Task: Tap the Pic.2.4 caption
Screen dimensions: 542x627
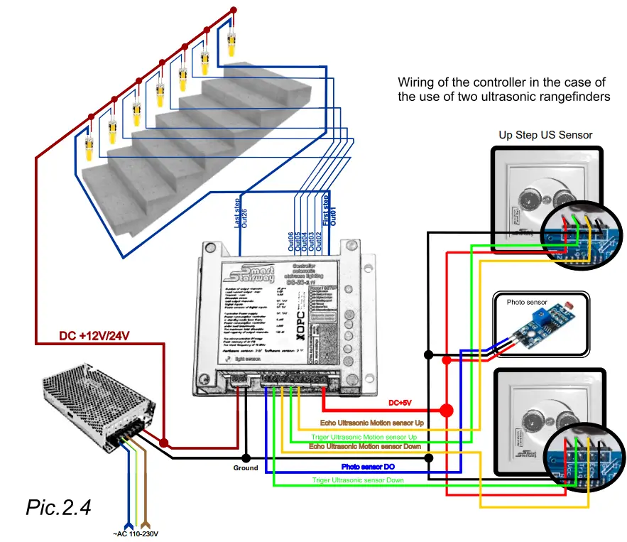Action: point(58,506)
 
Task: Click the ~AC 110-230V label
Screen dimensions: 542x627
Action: point(133,534)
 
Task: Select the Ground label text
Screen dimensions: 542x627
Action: point(245,468)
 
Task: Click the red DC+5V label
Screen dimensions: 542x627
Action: point(400,403)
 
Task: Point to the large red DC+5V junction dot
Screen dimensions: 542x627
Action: point(446,410)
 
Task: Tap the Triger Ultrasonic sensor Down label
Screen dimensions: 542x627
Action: point(359,480)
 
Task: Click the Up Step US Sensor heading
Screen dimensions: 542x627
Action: point(545,134)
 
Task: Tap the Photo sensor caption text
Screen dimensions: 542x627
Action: point(527,302)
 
